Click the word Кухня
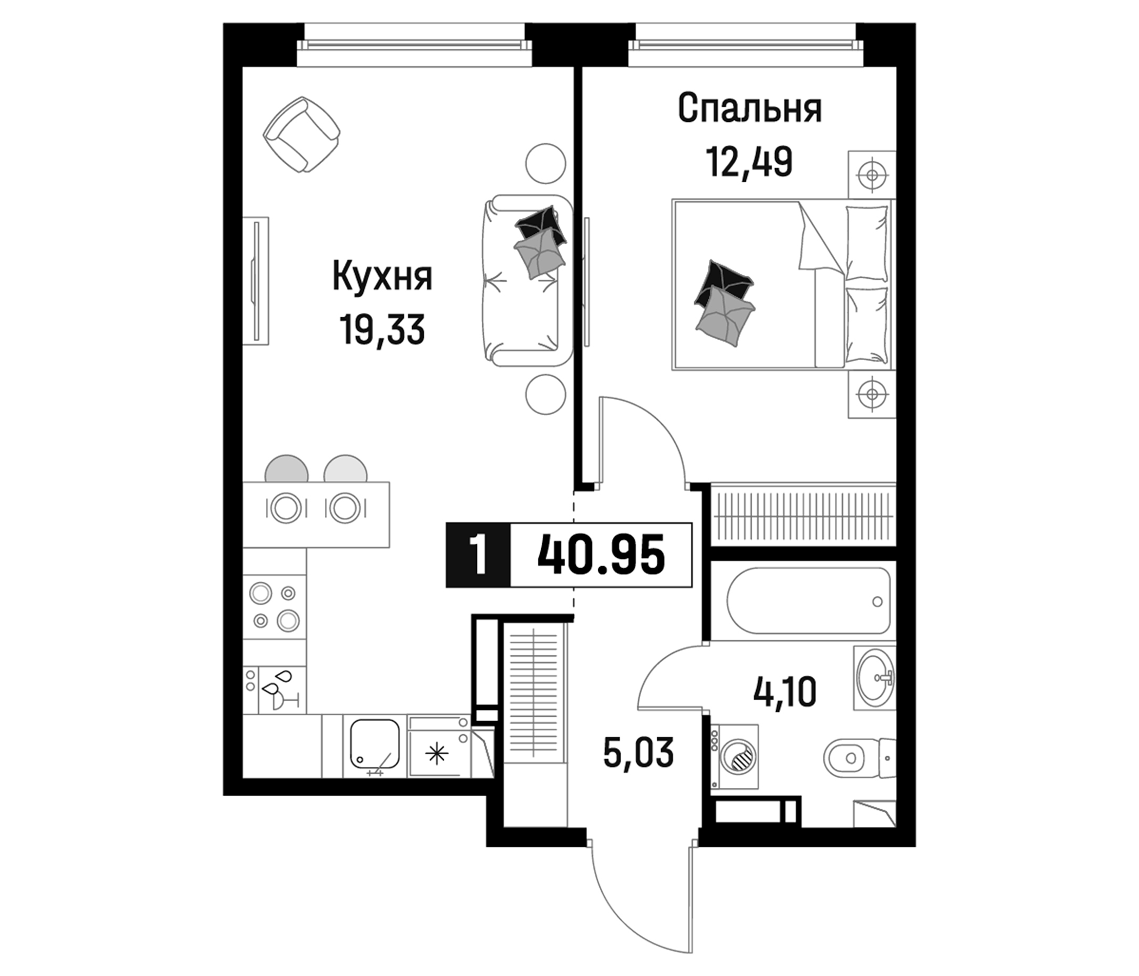[382, 277]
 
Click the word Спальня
[750, 109]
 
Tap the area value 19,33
[382, 330]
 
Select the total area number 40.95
[602, 556]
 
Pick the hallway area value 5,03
[638, 753]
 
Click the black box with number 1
[478, 556]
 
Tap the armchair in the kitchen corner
[301, 134]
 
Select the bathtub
[808, 601]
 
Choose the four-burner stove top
[274, 607]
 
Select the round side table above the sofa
[545, 163]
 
